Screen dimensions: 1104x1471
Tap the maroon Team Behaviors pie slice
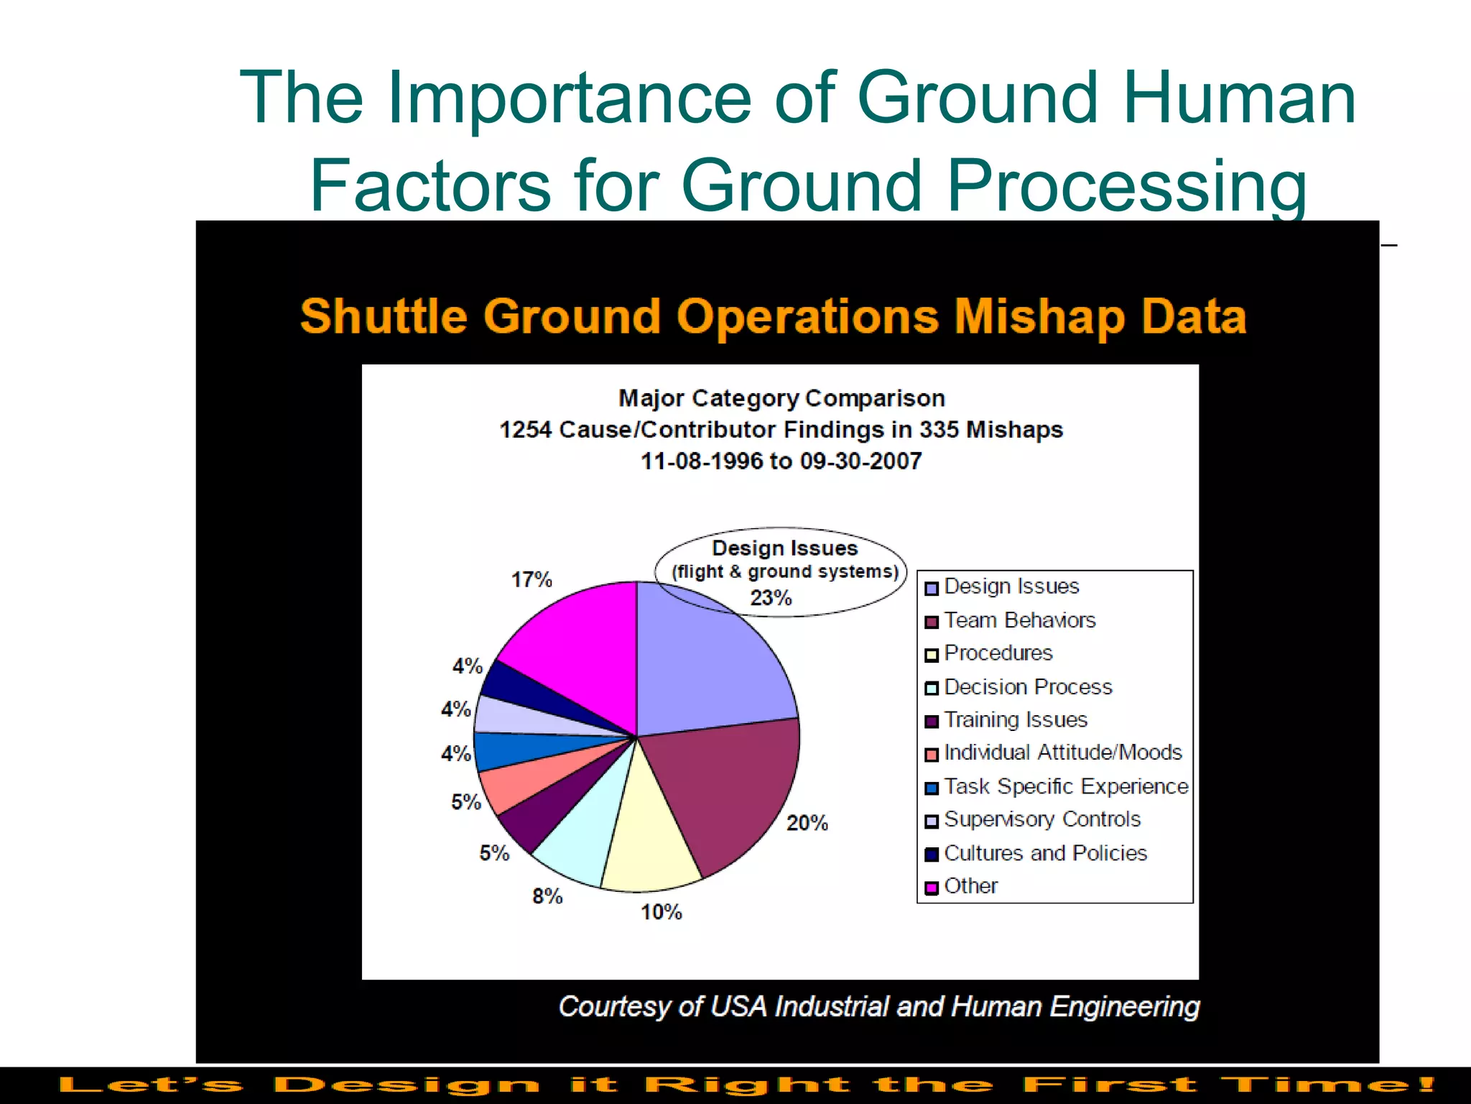[x=733, y=791]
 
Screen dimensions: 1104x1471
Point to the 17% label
[x=532, y=579]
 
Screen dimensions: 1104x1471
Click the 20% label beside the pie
[x=807, y=823]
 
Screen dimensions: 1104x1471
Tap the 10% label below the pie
[x=661, y=912]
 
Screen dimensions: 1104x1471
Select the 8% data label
[x=547, y=896]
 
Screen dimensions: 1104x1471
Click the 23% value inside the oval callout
[x=771, y=597]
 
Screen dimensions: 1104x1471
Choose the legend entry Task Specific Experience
[x=1066, y=786]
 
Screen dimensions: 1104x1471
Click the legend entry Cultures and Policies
[x=1045, y=853]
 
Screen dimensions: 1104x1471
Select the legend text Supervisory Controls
[x=1042, y=819]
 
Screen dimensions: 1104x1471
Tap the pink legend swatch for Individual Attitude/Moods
[x=932, y=755]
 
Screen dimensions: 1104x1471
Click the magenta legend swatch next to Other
[x=932, y=888]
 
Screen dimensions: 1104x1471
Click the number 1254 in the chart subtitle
[x=525, y=430]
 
